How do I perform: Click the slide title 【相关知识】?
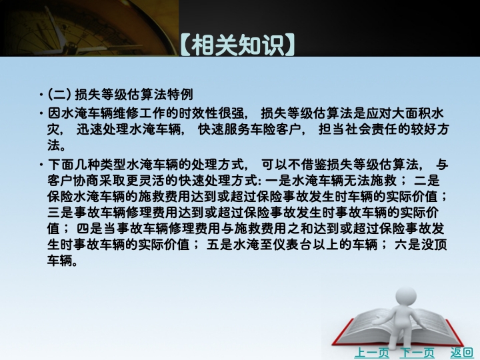pos(238,45)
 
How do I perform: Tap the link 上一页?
pos(371,353)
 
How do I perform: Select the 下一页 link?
pos(417,353)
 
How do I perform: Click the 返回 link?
pos(461,353)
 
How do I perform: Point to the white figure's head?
pos(406,297)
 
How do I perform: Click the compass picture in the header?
pos(89,28)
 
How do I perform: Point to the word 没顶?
pos(434,244)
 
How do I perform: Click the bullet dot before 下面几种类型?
pos(41,165)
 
